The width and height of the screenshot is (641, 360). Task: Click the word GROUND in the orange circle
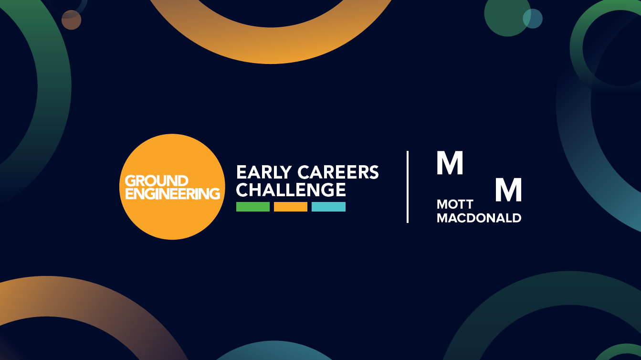(157, 181)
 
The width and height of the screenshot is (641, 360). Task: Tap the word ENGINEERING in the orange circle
(173, 193)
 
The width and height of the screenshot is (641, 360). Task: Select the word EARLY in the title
(263, 172)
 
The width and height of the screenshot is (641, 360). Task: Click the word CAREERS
(338, 172)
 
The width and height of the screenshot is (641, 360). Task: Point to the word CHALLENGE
(291, 190)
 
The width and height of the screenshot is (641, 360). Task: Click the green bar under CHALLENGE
(252, 207)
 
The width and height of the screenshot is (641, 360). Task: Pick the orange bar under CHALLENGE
(291, 207)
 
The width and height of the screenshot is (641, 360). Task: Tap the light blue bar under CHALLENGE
(328, 207)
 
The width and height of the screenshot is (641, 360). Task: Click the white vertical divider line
(408, 187)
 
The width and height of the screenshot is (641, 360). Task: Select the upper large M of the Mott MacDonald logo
(450, 162)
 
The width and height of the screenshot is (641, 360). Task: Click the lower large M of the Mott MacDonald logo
(508, 190)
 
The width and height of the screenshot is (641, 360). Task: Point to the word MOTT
(455, 204)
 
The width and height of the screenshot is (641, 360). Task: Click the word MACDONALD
(479, 218)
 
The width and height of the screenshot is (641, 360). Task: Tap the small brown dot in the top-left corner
(71, 20)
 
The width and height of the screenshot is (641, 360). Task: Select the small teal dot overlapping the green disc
(533, 19)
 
